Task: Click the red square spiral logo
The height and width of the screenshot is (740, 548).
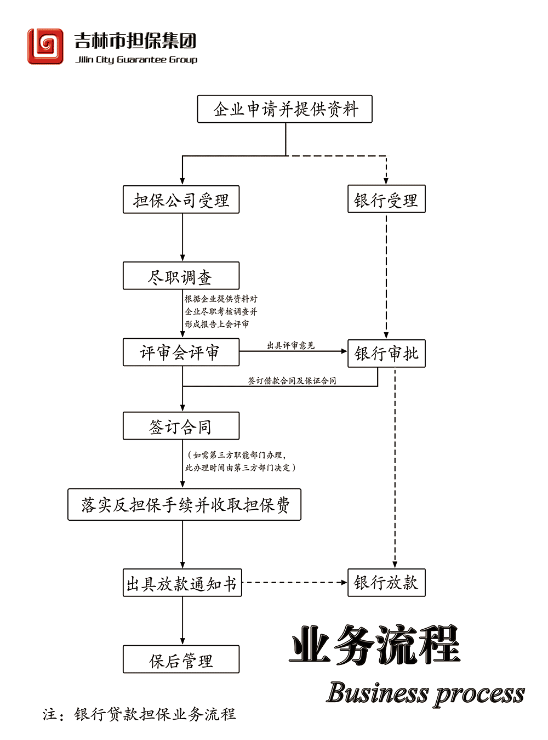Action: tap(45, 47)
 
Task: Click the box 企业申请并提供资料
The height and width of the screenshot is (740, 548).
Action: tap(284, 109)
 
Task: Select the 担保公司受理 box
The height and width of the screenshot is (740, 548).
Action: tap(181, 200)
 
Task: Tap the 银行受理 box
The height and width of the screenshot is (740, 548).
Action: tap(386, 199)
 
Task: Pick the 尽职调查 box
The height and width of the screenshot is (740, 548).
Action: tap(181, 276)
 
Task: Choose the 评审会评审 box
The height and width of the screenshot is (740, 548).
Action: tap(181, 352)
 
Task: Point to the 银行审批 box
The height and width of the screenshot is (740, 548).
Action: tap(386, 354)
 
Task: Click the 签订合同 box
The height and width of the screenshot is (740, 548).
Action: tap(181, 426)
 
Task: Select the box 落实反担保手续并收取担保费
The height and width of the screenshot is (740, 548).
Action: tap(184, 504)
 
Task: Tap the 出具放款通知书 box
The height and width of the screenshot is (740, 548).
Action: tap(182, 583)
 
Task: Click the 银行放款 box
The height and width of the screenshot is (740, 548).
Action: tap(386, 583)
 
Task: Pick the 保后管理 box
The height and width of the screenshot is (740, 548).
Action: tap(181, 659)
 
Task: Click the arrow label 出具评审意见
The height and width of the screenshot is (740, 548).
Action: tap(290, 345)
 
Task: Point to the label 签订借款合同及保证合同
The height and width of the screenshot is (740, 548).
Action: tap(292, 380)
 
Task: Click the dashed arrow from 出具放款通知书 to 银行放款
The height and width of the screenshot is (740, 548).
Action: tap(294, 583)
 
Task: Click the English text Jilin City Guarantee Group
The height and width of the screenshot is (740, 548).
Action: tap(136, 60)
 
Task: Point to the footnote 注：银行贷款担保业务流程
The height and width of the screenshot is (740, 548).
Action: tap(139, 714)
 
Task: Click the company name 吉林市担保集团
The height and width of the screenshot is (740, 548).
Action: tap(135, 41)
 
